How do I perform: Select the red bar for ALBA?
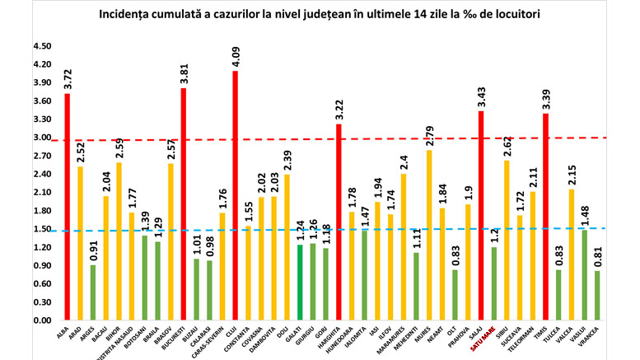click(x=68, y=207)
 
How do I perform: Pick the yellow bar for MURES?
click(x=429, y=236)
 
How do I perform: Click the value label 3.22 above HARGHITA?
click(x=339, y=109)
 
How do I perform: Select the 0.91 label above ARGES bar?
click(x=93, y=249)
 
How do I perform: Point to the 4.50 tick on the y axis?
click(x=41, y=47)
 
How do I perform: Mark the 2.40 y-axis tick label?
click(x=41, y=175)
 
